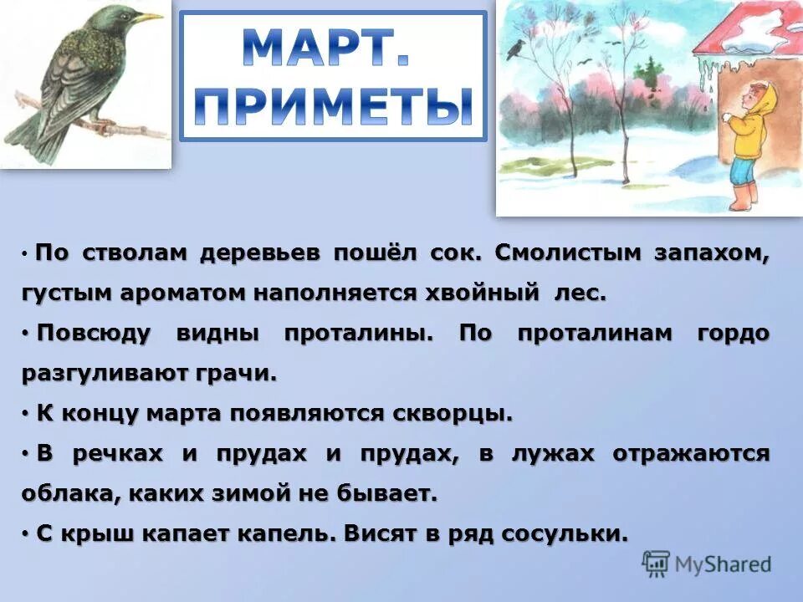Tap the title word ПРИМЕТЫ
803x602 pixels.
[x=333, y=106]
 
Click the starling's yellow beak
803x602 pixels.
[x=150, y=17]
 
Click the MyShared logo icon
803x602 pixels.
[x=656, y=564]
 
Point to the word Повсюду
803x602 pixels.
[x=94, y=334]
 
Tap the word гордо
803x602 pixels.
[x=732, y=334]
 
